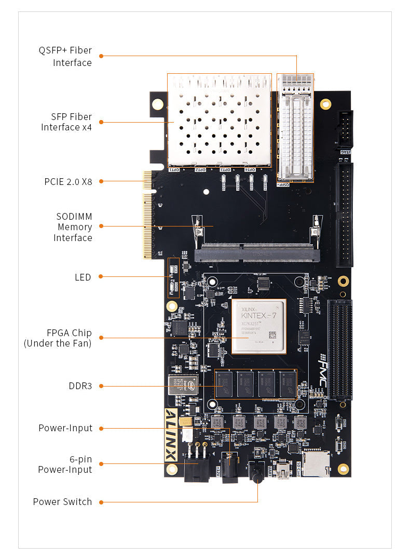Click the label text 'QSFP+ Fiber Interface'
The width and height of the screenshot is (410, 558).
tap(65, 57)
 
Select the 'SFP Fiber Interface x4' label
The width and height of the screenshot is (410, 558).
tap(66, 122)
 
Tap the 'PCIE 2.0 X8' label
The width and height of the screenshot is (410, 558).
tap(67, 181)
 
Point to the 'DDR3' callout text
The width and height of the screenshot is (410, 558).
tap(80, 386)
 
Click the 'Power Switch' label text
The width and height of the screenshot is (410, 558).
tap(62, 501)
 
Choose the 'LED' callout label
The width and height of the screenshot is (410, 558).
tap(83, 277)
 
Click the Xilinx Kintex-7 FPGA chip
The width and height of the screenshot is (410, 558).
tap(258, 326)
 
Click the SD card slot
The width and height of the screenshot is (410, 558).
tap(316, 464)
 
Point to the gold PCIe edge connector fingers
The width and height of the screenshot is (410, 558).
tap(147, 215)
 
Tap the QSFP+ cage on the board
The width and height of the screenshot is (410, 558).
tap(296, 127)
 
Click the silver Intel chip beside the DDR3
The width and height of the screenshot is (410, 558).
tap(183, 384)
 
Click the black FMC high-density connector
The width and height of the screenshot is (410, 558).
tap(339, 349)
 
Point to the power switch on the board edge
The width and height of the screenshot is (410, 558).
tap(257, 473)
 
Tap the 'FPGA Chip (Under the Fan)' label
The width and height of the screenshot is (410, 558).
tap(58, 338)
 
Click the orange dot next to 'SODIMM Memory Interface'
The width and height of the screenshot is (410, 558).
tap(101, 226)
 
